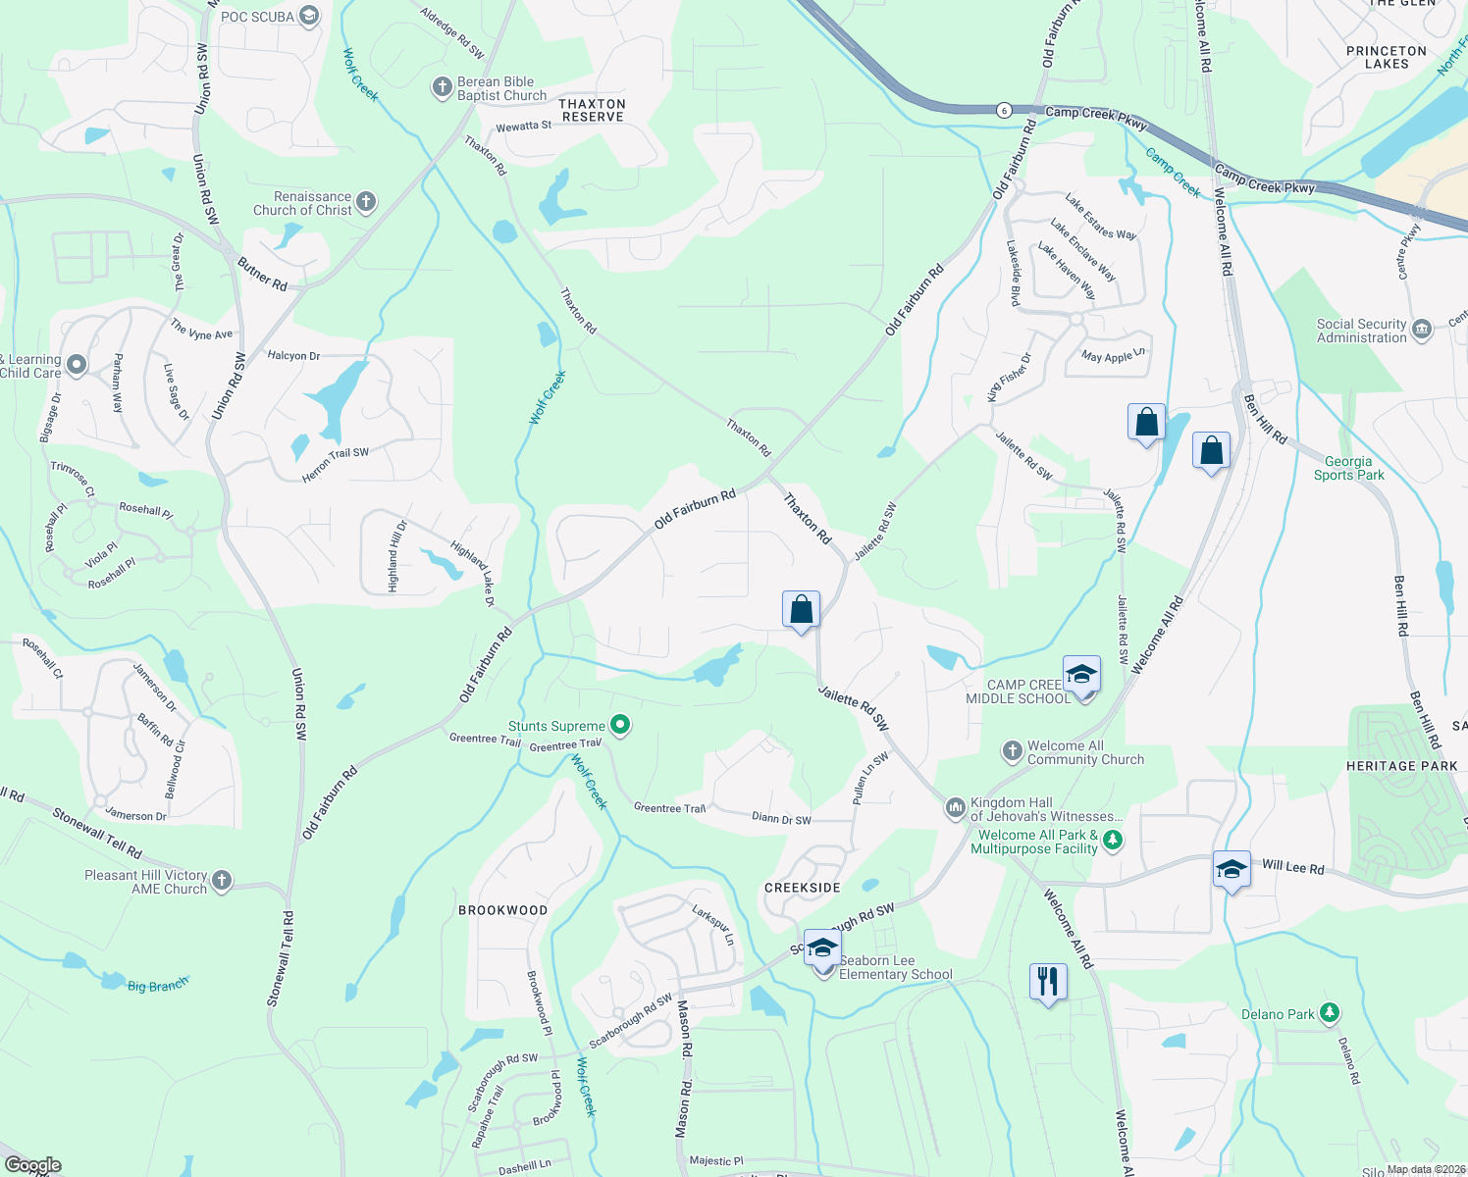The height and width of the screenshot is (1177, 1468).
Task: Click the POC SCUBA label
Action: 257,17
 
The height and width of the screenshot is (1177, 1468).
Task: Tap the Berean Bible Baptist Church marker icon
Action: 443,88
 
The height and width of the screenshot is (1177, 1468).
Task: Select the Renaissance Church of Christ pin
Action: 366,203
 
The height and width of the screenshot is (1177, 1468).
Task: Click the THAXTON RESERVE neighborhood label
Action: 593,110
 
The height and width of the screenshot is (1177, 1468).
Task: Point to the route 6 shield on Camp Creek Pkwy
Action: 1003,110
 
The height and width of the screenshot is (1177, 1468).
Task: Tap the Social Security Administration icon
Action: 1422,328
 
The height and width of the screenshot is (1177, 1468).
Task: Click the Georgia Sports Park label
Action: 1348,468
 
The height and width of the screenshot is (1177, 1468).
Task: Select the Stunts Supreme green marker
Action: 620,726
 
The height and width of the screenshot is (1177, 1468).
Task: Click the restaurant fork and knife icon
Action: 1048,981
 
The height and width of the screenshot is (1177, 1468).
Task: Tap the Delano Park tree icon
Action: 1330,1013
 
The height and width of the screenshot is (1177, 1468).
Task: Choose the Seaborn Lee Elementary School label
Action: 895,968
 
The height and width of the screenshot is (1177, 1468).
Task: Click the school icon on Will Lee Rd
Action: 1232,869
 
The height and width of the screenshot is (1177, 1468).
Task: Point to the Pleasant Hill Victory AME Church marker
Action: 222,881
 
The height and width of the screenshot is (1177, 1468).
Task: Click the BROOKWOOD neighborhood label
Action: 503,910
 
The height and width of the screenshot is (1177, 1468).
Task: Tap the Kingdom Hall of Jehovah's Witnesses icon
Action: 955,808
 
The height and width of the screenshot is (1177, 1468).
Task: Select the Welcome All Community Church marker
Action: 1013,752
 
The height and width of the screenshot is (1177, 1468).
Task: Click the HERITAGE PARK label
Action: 1401,766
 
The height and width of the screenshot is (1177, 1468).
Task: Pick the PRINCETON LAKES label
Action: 1387,57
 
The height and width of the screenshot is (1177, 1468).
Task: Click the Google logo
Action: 33,1165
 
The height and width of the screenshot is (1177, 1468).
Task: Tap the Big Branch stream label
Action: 157,984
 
